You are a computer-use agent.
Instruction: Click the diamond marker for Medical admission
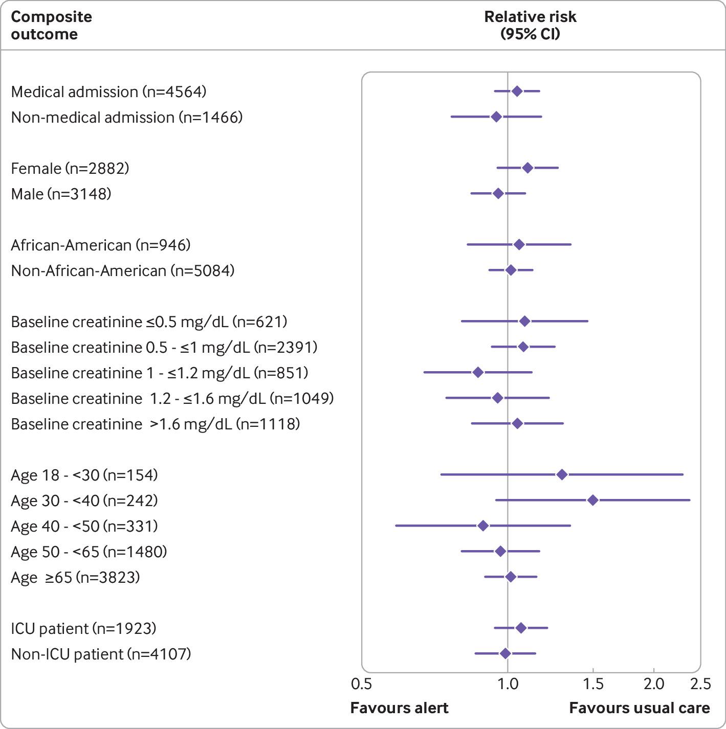(517, 92)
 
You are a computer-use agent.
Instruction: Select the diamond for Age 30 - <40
(592, 500)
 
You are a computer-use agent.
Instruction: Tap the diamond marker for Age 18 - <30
(562, 475)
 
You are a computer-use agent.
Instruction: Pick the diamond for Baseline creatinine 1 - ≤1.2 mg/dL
(478, 372)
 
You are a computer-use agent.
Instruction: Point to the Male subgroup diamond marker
(498, 193)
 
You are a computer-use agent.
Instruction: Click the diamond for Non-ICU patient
(505, 653)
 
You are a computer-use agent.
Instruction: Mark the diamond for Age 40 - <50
(483, 526)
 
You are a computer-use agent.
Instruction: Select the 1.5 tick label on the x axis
(593, 684)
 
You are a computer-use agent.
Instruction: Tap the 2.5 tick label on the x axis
(700, 684)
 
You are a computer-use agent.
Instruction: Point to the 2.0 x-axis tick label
(653, 684)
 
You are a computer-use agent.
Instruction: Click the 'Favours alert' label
(399, 708)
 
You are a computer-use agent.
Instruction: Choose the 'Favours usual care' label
(640, 708)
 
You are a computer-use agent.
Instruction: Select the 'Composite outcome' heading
(51, 25)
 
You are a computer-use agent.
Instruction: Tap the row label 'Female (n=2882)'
(70, 168)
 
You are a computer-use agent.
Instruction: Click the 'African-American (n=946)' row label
(101, 245)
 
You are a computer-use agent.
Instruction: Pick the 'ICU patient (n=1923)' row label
(83, 628)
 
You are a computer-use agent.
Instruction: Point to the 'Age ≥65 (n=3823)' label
(75, 577)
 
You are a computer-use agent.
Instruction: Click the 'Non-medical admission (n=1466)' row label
(127, 117)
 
